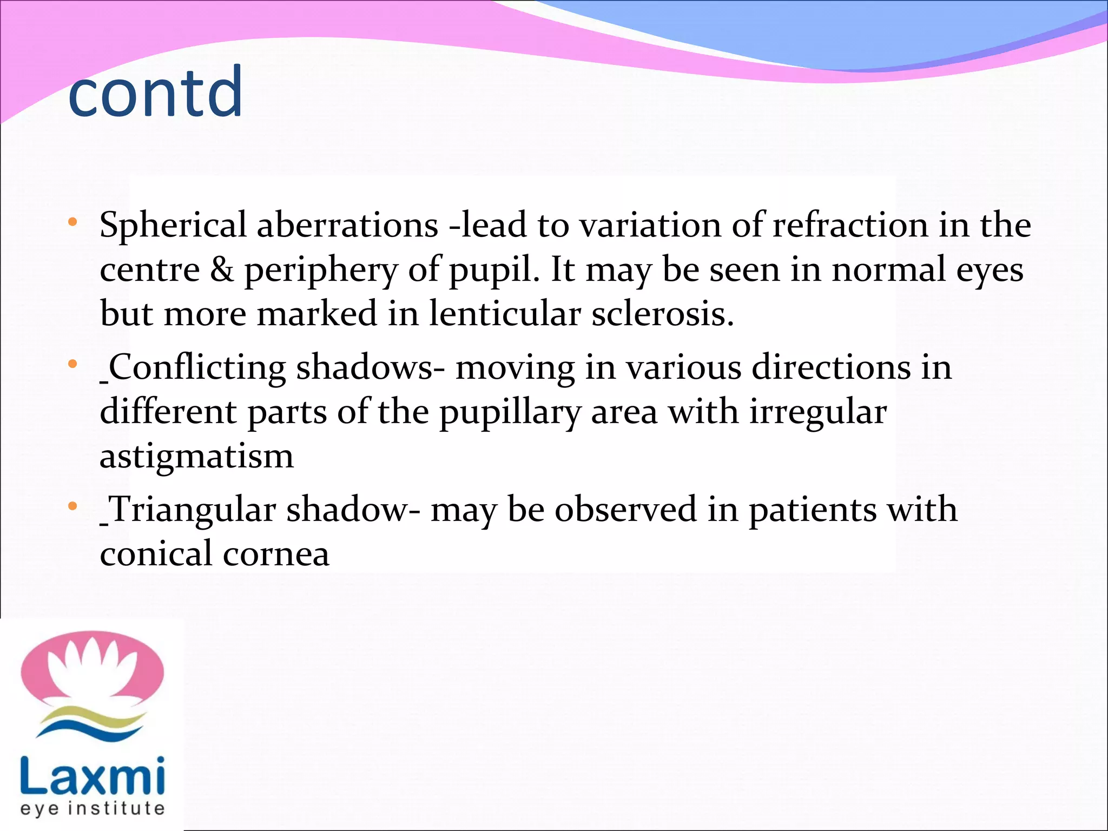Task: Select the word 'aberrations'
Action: pos(347,225)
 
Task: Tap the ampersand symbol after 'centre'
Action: pos(222,269)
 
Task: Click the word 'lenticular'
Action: pos(505,314)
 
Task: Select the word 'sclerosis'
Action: pos(661,314)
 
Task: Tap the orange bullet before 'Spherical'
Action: pos(72,222)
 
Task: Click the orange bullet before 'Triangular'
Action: pos(72,507)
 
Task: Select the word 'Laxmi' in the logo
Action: pos(93,775)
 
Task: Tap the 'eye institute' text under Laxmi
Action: pos(93,809)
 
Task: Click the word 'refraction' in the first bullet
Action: pos(850,225)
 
